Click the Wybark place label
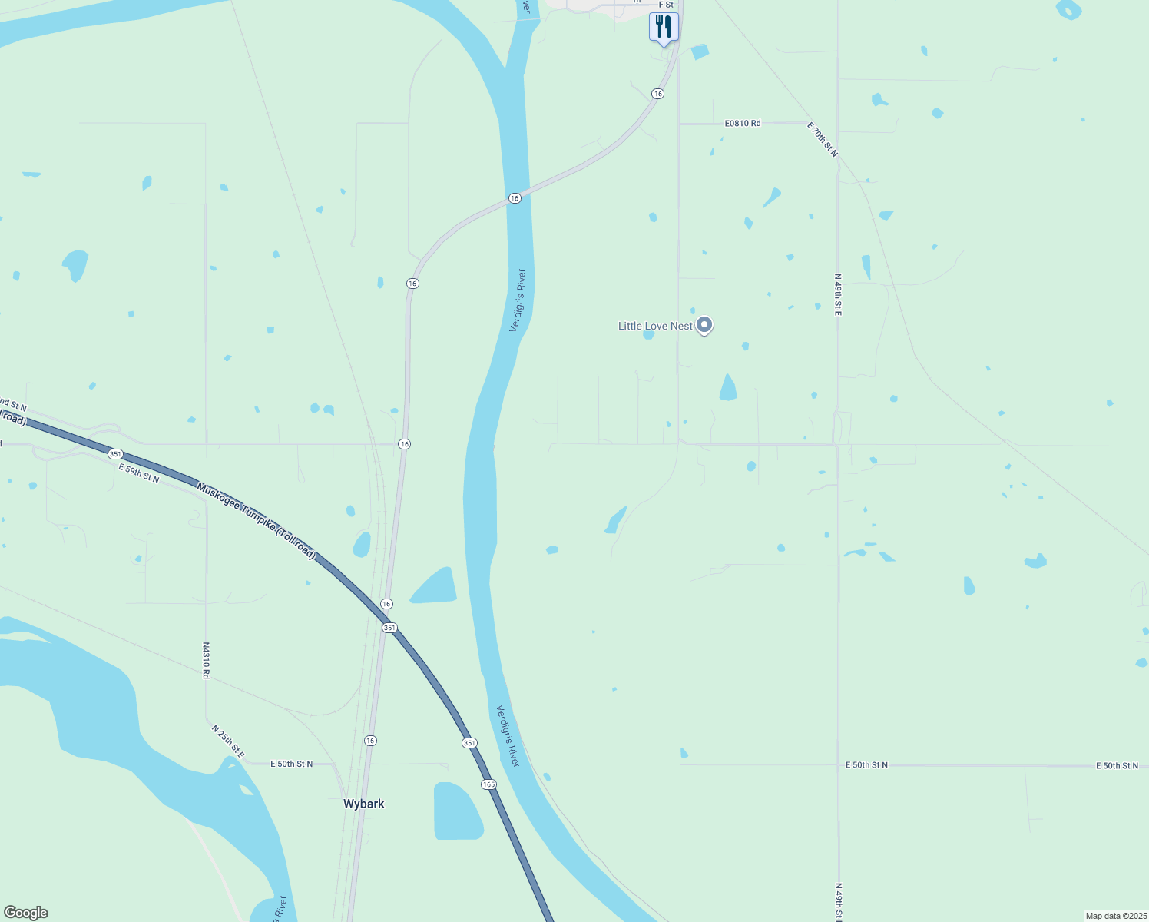click(x=363, y=804)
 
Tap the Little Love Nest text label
click(x=655, y=326)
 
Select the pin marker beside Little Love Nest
click(x=704, y=325)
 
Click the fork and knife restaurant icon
click(x=664, y=27)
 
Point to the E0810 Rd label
click(x=743, y=123)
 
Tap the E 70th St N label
click(x=823, y=139)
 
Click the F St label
click(x=666, y=5)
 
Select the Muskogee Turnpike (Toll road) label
click(x=257, y=520)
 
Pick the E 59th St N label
click(x=139, y=473)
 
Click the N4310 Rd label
click(x=206, y=660)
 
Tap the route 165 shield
click(x=489, y=784)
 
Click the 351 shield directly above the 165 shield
click(x=469, y=743)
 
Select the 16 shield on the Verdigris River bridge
click(x=515, y=198)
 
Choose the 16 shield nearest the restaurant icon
click(x=657, y=94)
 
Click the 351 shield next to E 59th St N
click(x=115, y=454)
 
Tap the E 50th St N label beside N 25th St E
click(x=292, y=764)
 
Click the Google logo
click(x=25, y=913)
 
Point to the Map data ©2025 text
click(x=1116, y=916)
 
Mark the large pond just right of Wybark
click(x=457, y=811)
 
